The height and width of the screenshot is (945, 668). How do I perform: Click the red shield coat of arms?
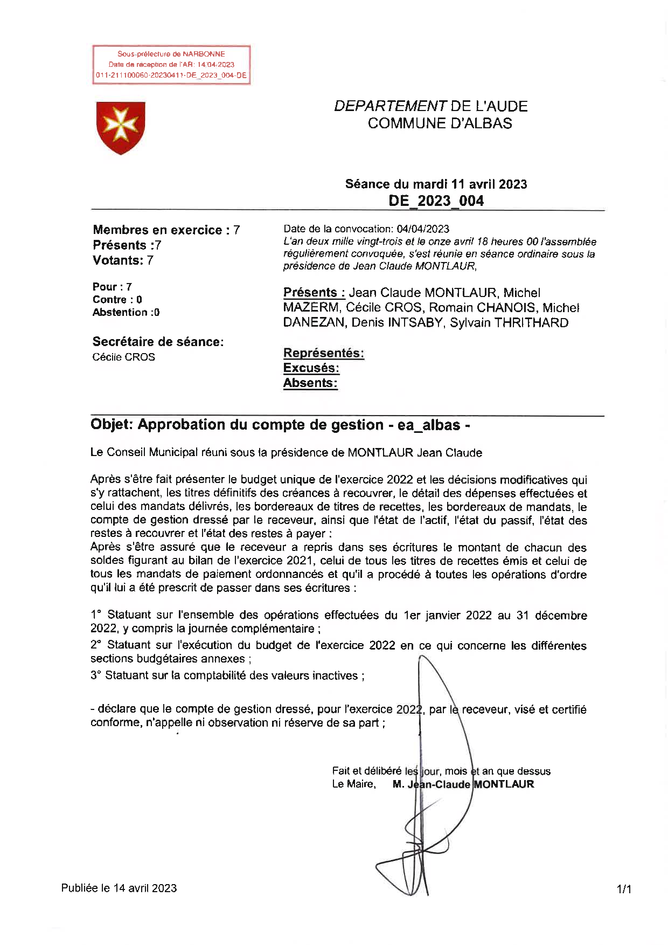[x=121, y=127]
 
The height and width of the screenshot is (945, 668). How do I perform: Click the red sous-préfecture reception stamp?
[x=171, y=65]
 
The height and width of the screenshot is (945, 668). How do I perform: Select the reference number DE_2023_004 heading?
[x=436, y=201]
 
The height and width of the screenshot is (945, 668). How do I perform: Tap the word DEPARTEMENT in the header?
[x=390, y=106]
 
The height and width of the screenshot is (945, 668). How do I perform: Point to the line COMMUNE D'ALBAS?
[x=440, y=123]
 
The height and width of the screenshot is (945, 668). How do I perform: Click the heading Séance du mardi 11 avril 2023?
[x=436, y=184]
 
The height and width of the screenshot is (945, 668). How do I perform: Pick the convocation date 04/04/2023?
[x=423, y=229]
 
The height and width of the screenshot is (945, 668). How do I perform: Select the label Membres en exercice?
[x=157, y=230]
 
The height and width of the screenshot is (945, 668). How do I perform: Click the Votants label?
[x=118, y=260]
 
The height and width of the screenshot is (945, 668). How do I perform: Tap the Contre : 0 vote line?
[x=117, y=300]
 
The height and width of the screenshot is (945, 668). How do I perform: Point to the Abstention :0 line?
[x=126, y=313]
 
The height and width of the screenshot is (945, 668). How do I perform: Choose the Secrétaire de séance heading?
[x=158, y=342]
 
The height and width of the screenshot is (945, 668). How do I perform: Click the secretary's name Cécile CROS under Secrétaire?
[x=123, y=357]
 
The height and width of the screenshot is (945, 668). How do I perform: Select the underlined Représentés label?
[x=323, y=354]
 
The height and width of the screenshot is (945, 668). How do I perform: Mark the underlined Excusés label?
[x=311, y=368]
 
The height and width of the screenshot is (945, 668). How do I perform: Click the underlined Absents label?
[x=310, y=383]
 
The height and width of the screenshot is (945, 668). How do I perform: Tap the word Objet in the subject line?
[x=111, y=425]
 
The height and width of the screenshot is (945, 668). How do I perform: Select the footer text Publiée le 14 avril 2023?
[x=119, y=888]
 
